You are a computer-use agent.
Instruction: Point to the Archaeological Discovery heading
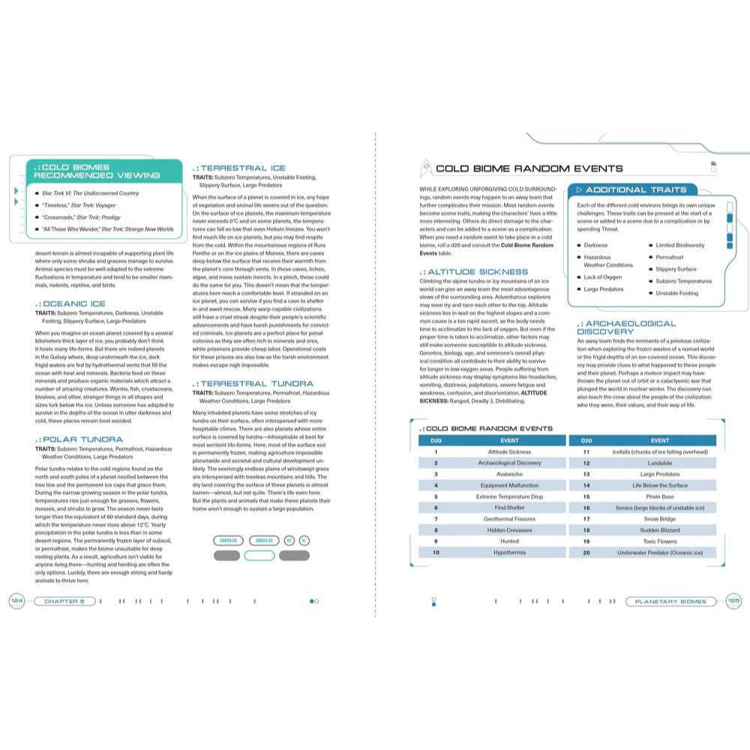point(625,327)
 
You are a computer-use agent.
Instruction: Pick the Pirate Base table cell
point(659,496)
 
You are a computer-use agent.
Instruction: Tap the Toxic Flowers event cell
point(659,541)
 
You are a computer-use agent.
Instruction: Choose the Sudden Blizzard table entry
point(659,530)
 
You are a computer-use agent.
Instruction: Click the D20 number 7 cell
point(435,519)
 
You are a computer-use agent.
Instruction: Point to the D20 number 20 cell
point(586,553)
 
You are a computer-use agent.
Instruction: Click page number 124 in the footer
point(16,601)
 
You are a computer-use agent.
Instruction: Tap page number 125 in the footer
point(733,601)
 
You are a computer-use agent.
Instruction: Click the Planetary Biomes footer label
point(670,601)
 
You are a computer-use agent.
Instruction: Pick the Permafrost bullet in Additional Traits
point(669,257)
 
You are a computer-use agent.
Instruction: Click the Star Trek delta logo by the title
point(424,168)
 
